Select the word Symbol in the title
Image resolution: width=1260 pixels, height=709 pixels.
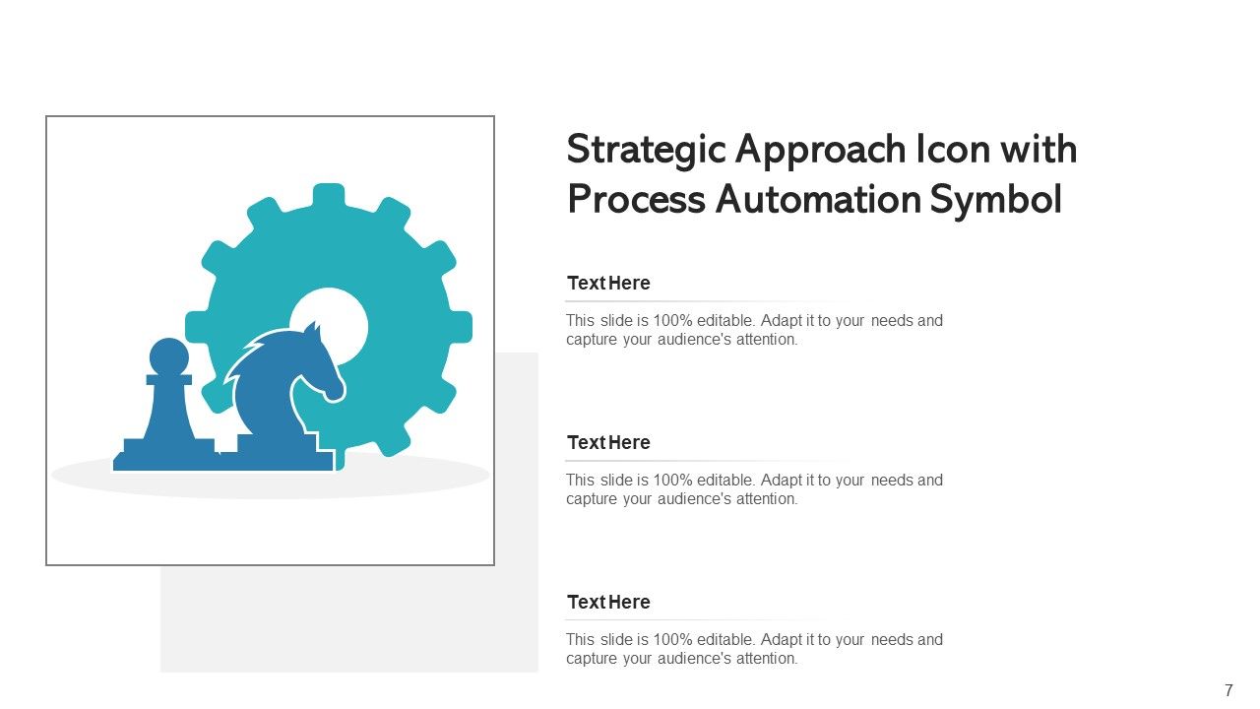(x=995, y=200)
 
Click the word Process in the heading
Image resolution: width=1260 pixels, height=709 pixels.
(x=636, y=199)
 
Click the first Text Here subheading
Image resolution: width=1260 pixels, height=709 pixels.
(x=608, y=284)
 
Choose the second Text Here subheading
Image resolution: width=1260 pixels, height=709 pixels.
(x=608, y=443)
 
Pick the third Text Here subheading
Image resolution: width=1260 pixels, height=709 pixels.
(x=608, y=603)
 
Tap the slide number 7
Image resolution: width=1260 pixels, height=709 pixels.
(x=1228, y=691)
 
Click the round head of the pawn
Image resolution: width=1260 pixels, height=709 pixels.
(x=168, y=356)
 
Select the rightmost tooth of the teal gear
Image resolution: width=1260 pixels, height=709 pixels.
(x=460, y=327)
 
